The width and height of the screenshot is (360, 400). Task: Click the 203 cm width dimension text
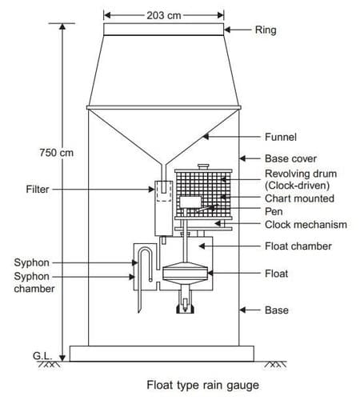[x=164, y=15]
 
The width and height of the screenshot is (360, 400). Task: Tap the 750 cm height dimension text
[x=57, y=153]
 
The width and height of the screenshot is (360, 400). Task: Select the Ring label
[x=266, y=30]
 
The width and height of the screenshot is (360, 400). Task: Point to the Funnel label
[x=281, y=137]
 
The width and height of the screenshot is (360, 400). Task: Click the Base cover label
[x=290, y=158]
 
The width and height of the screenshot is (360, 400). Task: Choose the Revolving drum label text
[x=301, y=174]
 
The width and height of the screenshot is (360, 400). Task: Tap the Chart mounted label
[x=299, y=198]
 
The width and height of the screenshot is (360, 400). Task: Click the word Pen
[x=274, y=211]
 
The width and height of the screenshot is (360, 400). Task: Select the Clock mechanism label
[x=306, y=225]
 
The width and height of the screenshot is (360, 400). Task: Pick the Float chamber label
[x=298, y=246]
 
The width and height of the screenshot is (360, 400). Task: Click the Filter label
[x=38, y=190]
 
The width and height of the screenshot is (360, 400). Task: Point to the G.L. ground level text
[x=42, y=356]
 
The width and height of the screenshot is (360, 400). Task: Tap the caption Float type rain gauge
[x=202, y=386]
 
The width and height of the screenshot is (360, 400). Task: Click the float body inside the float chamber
[x=185, y=273]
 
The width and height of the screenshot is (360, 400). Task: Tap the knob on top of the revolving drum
[x=203, y=166]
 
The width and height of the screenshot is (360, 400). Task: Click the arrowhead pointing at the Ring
[x=227, y=30]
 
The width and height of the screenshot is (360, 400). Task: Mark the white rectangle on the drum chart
[x=190, y=202]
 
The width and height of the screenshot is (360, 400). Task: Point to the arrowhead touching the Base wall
[x=242, y=310]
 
